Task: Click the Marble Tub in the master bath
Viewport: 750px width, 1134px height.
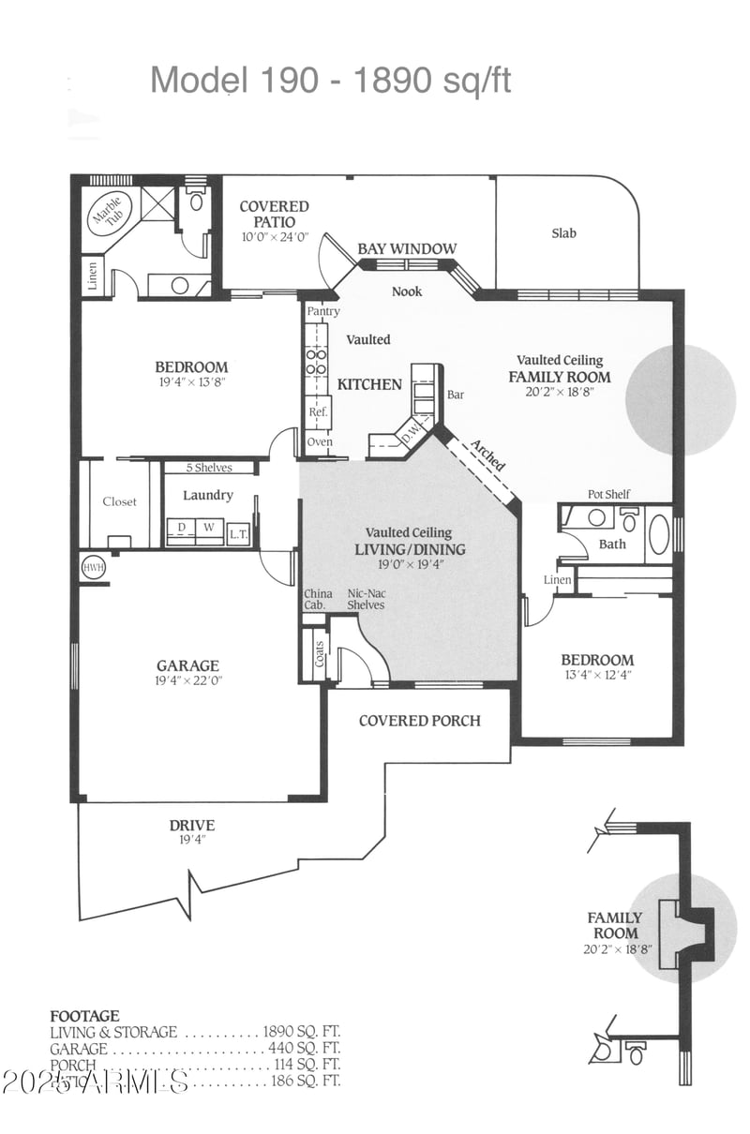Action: pyautogui.click(x=106, y=217)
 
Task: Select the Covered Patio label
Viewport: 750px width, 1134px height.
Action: pyautogui.click(x=274, y=214)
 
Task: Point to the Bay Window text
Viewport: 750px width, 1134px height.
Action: pyautogui.click(x=407, y=248)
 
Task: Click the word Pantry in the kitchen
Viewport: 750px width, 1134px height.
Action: pyautogui.click(x=323, y=311)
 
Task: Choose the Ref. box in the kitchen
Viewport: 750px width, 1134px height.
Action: pyautogui.click(x=318, y=412)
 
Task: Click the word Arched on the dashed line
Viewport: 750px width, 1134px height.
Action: pyautogui.click(x=487, y=455)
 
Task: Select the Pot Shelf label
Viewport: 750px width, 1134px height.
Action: pyautogui.click(x=608, y=494)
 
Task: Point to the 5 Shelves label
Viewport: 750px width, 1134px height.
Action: pyautogui.click(x=210, y=467)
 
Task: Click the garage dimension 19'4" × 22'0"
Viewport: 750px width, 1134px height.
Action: pyautogui.click(x=188, y=681)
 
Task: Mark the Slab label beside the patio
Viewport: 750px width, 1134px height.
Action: pyautogui.click(x=563, y=233)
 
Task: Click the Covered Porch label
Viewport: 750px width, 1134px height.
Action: pyautogui.click(x=419, y=721)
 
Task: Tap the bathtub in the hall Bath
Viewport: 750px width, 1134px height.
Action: pyautogui.click(x=658, y=534)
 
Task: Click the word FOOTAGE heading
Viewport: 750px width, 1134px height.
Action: pyautogui.click(x=84, y=1015)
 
